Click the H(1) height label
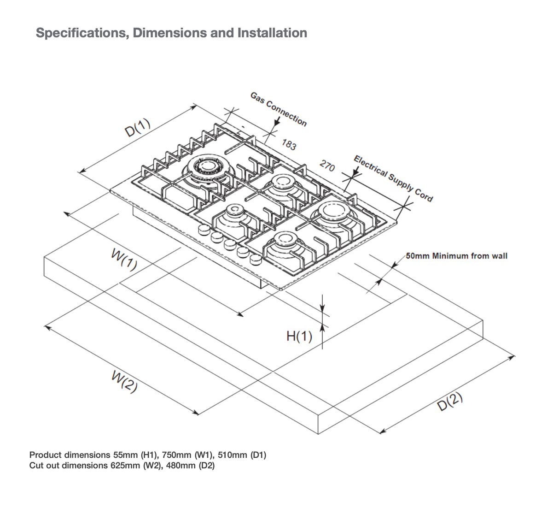click(x=299, y=337)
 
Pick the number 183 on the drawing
click(x=289, y=145)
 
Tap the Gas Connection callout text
click(x=279, y=109)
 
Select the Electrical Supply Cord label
click(x=393, y=179)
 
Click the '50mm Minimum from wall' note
click(x=456, y=256)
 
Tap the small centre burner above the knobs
click(x=235, y=212)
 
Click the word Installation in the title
click(x=272, y=33)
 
